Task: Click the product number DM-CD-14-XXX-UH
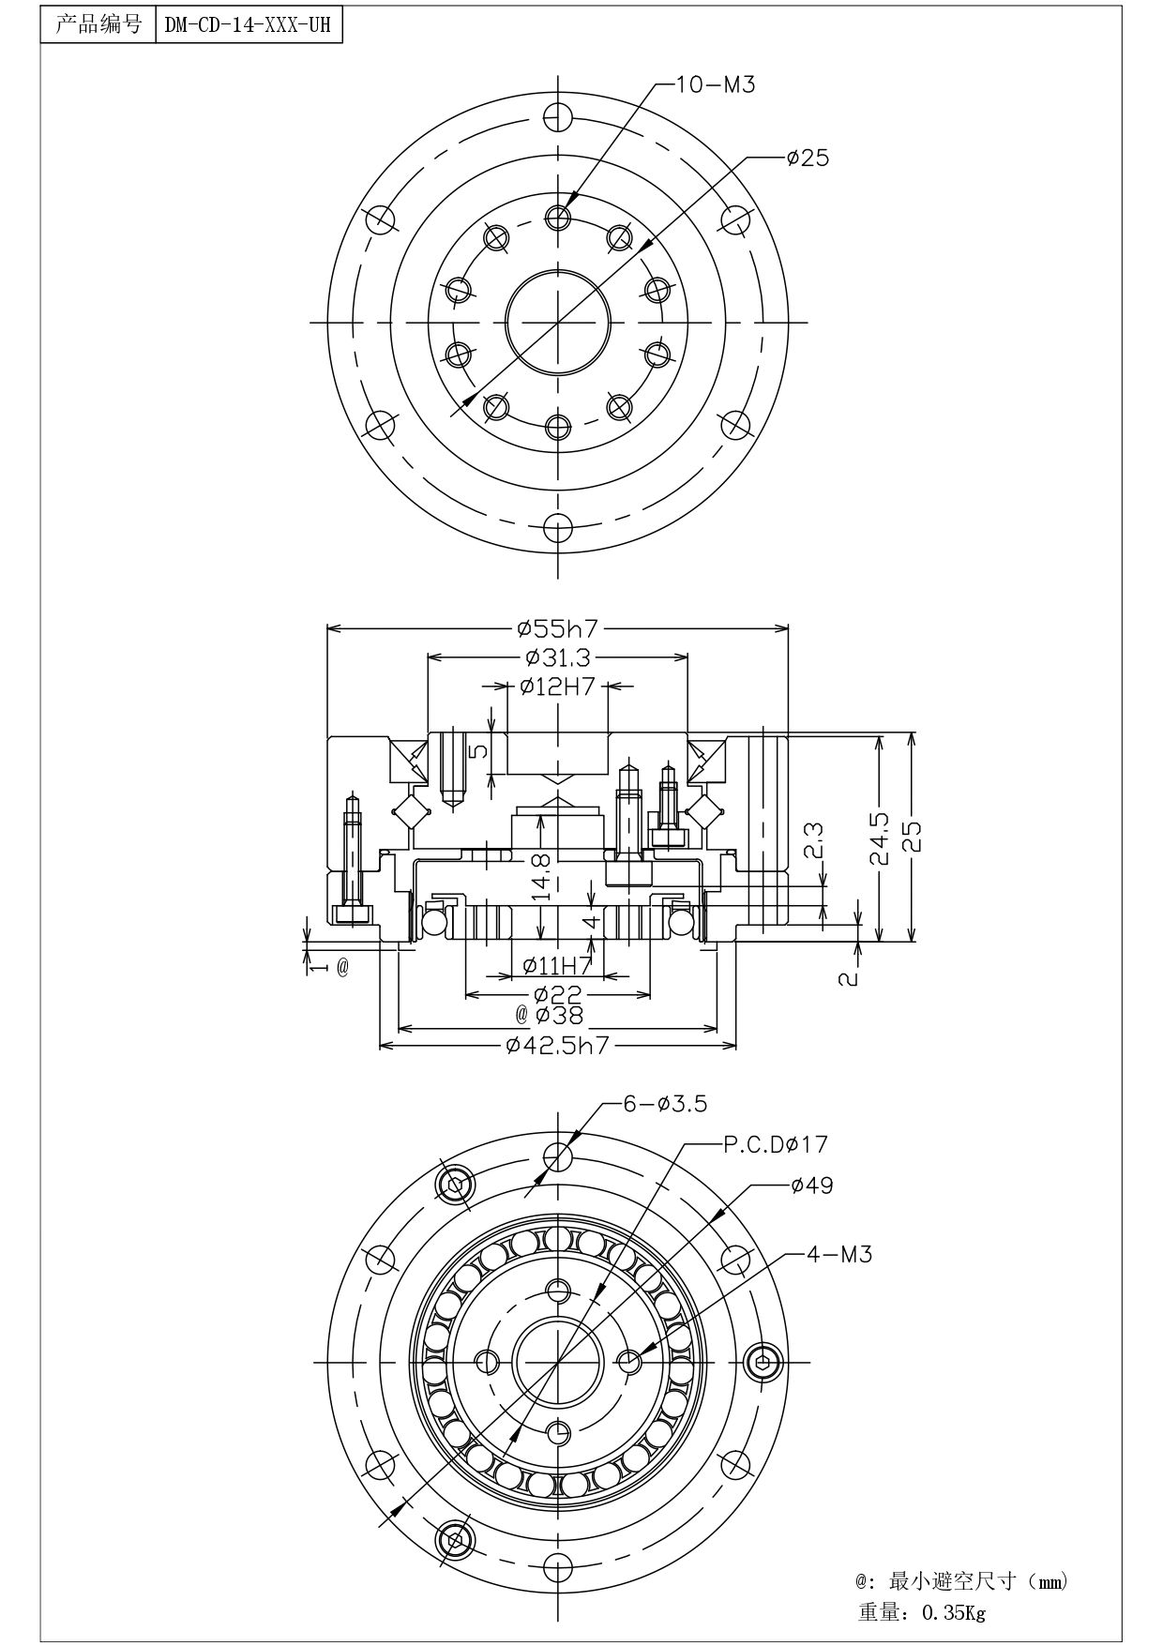point(248,25)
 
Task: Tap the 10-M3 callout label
point(716,84)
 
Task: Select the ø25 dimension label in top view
point(808,158)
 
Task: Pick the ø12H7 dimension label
point(557,687)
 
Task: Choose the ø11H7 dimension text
point(557,964)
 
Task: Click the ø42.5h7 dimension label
point(558,1045)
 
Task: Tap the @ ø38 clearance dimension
point(550,1015)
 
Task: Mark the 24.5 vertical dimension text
point(879,838)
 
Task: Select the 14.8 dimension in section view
point(541,877)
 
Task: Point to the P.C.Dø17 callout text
point(776,1144)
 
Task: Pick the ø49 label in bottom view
point(811,1185)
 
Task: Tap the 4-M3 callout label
point(839,1254)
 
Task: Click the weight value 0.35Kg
point(954,1613)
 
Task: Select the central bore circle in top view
point(557,321)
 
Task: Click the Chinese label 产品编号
point(98,24)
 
